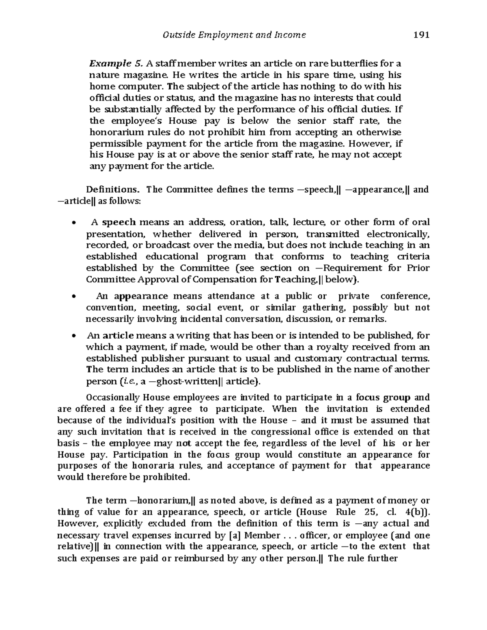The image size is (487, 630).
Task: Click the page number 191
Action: coord(421,35)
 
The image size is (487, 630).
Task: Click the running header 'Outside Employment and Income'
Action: coord(234,35)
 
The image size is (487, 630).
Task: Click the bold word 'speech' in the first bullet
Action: coord(119,222)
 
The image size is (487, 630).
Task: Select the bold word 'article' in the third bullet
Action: coord(118,335)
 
